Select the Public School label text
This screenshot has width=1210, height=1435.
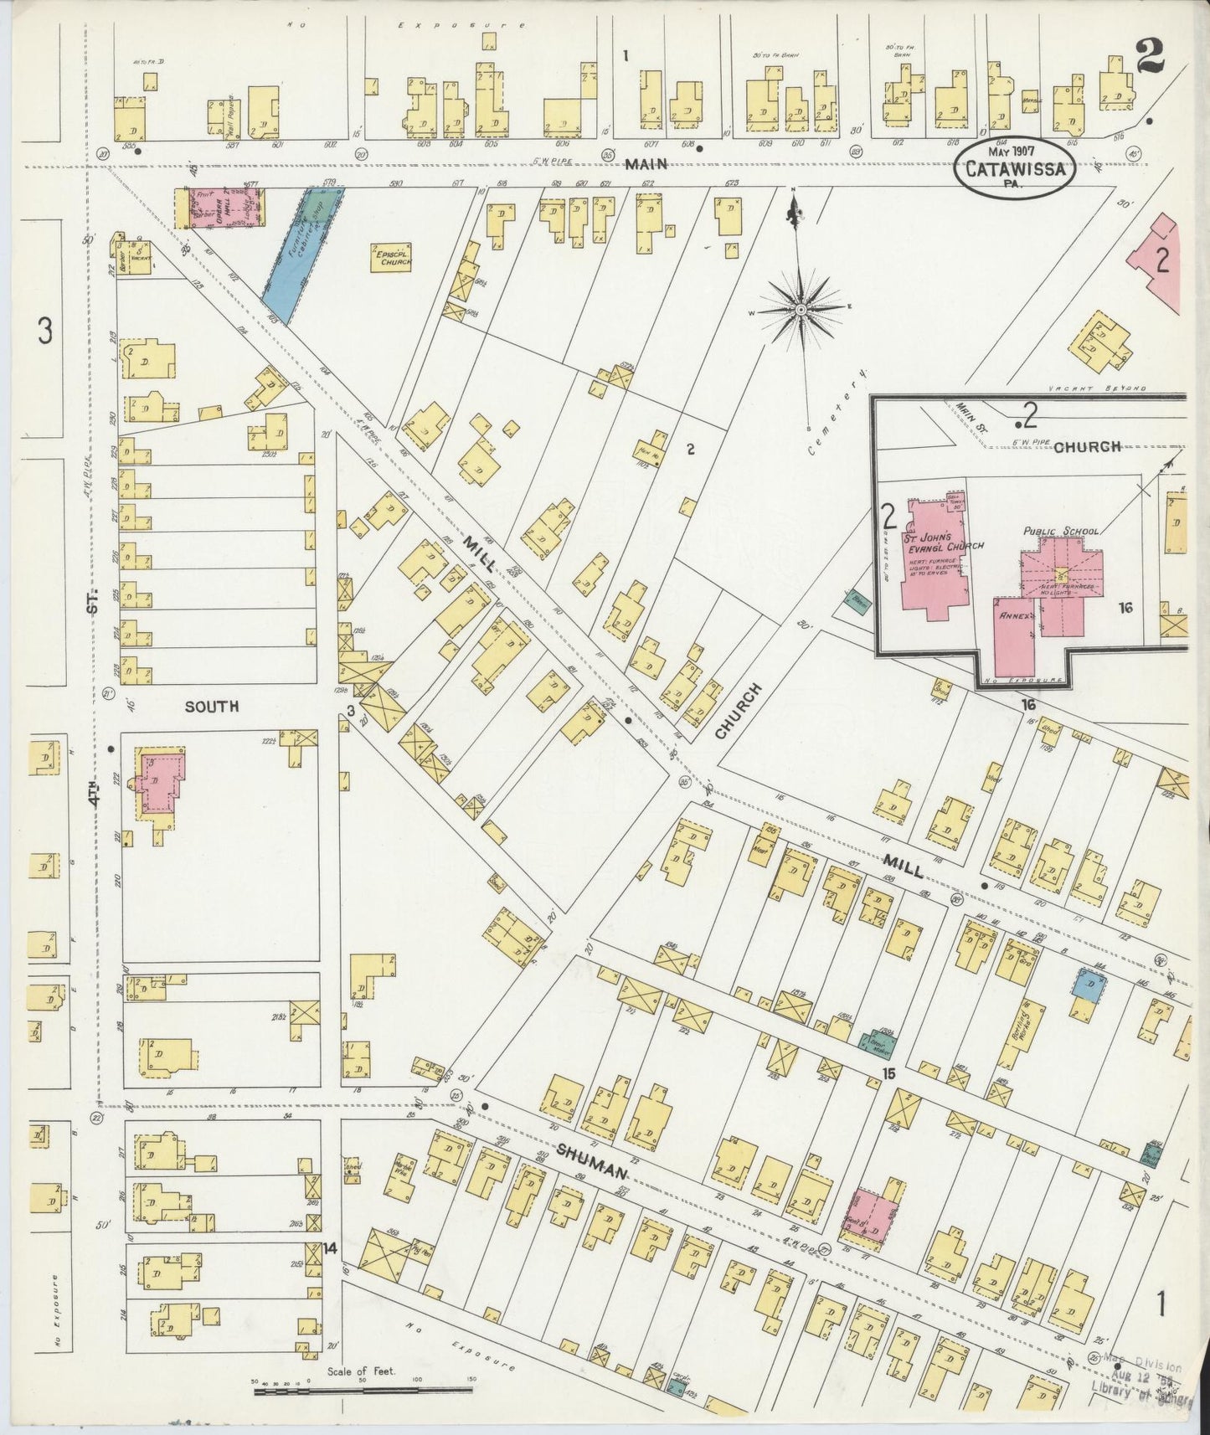pos(1059,531)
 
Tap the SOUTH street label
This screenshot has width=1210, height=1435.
pos(212,707)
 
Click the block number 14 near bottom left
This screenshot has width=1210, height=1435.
pos(330,1248)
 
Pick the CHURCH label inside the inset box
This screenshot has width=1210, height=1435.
pos(1087,446)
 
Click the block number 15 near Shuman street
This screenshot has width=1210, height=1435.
pos(888,1073)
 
